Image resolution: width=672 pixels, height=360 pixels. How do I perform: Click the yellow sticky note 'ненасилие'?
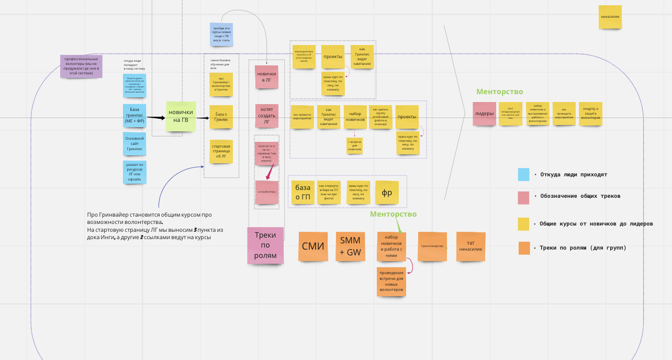pos(610,17)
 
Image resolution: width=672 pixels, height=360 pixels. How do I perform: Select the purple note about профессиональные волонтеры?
pos(81,66)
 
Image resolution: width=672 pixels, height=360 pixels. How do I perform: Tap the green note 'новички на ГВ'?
pos(181,116)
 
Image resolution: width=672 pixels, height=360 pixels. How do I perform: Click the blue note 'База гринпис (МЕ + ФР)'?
pos(134,115)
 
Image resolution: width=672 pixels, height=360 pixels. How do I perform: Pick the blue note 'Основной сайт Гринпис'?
pos(134,144)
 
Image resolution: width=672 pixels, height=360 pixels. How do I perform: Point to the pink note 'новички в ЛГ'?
pos(266,77)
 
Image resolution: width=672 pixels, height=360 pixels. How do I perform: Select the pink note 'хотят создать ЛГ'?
pos(266,116)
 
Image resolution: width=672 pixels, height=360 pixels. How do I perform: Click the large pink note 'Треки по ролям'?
pos(265,245)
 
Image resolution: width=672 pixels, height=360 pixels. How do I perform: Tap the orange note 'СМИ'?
pos(313,246)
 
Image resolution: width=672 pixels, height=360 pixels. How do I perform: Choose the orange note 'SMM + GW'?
pos(350,246)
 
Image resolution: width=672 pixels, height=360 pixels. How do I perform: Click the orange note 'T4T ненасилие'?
pos(471,246)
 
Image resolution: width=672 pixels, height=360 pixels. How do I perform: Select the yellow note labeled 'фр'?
pos(387,193)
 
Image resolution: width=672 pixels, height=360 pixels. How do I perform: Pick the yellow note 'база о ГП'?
pos(303,193)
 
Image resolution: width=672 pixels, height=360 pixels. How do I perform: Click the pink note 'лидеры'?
pos(484,114)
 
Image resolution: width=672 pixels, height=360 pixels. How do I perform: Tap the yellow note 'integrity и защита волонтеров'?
pos(590,114)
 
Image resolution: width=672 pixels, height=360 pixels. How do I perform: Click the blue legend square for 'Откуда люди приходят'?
pos(523,175)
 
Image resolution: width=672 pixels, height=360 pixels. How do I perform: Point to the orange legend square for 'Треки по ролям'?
pos(524,248)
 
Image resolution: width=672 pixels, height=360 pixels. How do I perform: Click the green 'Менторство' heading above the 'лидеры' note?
pos(499,92)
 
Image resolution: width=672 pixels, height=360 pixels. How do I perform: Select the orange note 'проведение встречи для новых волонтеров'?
pos(391,282)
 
